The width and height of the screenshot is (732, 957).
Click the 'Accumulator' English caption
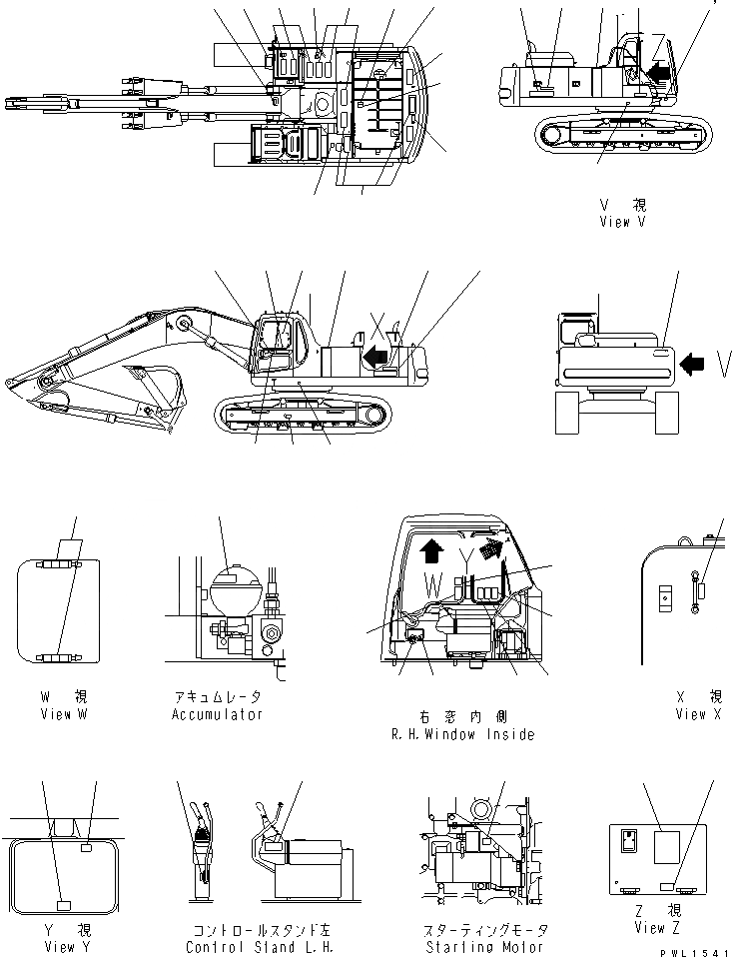pos(217,714)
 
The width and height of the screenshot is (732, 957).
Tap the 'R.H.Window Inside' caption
pos(462,734)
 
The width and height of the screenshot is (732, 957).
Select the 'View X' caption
pos(704,714)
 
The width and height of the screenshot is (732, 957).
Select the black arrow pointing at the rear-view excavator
pos(691,366)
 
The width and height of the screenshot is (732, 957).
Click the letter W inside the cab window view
pos(431,580)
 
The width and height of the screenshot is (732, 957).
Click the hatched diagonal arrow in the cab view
pos(487,546)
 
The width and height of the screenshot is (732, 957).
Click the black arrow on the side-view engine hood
pos(374,355)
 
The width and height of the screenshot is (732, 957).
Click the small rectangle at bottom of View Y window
pos(64,905)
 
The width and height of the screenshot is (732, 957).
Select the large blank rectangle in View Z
pos(666,848)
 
